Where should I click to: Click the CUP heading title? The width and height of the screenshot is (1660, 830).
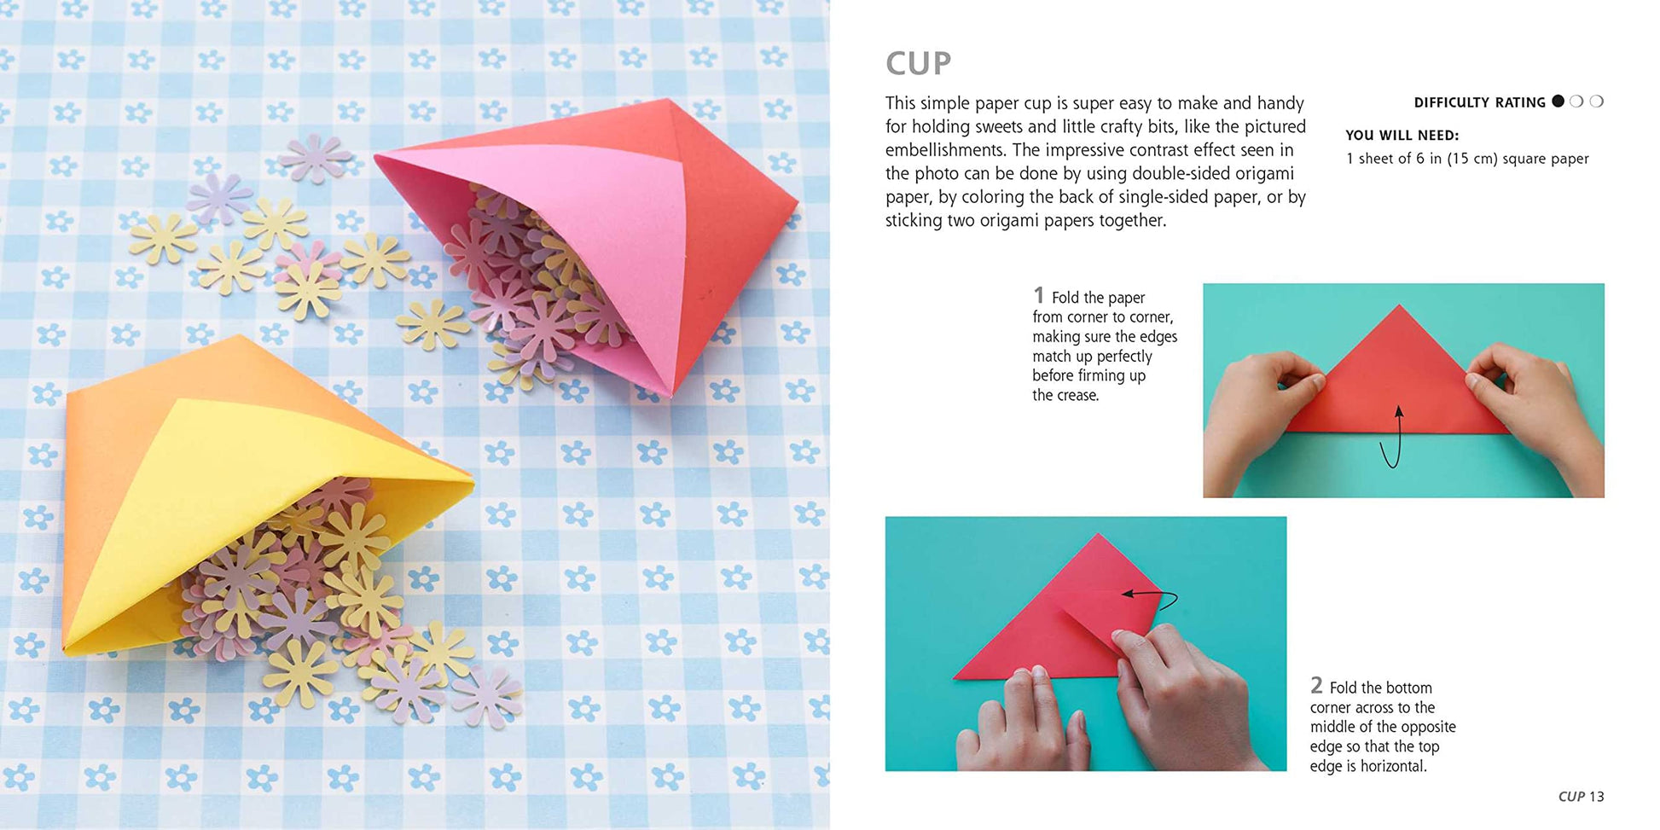point(918,63)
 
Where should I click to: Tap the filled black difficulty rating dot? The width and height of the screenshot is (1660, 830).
point(1558,101)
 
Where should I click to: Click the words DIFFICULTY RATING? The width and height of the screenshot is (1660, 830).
point(1479,102)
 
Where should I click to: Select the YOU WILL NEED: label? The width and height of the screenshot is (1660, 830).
point(1402,135)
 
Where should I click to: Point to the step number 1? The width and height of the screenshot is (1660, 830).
point(1038,295)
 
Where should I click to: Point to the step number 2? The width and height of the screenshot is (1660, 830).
point(1316,685)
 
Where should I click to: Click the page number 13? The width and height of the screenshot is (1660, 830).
point(1596,796)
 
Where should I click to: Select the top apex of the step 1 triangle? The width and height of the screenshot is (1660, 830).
point(1399,305)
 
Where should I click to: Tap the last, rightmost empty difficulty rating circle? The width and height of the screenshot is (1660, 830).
point(1597,101)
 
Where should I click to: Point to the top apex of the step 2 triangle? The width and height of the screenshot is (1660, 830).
point(1099,534)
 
